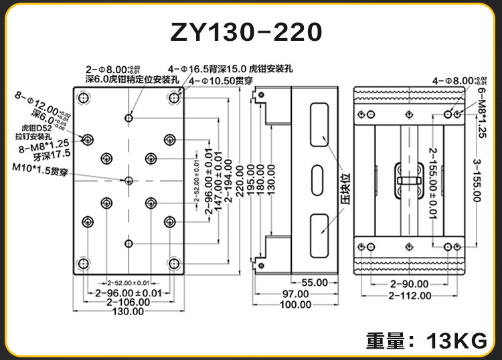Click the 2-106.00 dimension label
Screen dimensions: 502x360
point(128,302)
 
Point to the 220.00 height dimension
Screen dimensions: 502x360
point(239,181)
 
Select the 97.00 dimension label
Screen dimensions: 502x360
point(295,294)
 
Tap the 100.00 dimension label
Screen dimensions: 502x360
point(295,305)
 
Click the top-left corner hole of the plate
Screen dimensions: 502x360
point(84,99)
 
